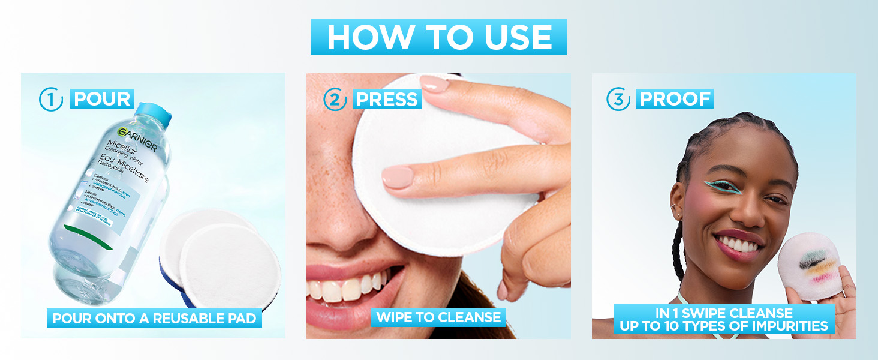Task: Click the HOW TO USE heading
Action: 438,37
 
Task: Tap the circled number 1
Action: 51,100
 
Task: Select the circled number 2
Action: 335,100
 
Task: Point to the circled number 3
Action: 618,100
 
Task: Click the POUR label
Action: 102,99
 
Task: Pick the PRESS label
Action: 387,99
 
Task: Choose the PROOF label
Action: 676,99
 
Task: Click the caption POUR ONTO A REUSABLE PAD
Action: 154,318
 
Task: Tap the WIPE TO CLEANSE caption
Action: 438,317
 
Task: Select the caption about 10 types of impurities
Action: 724,319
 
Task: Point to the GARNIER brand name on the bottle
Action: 137,139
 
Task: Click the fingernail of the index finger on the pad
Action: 398,178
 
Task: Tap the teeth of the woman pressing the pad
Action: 348,287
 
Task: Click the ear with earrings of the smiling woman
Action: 678,207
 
